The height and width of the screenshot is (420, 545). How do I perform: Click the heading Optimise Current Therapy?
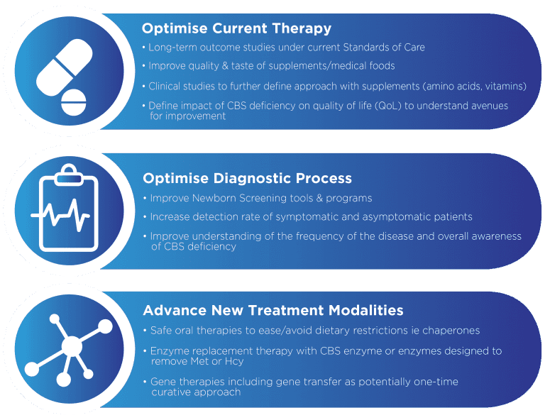coord(236,29)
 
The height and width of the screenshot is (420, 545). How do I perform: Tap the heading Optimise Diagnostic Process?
coord(247,178)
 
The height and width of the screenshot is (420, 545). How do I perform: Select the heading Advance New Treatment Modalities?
coord(273,311)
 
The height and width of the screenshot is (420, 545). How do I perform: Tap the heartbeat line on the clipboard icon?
coord(64,214)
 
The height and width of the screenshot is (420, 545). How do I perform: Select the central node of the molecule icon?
coord(71,346)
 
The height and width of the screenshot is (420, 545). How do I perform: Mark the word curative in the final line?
coord(170,392)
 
